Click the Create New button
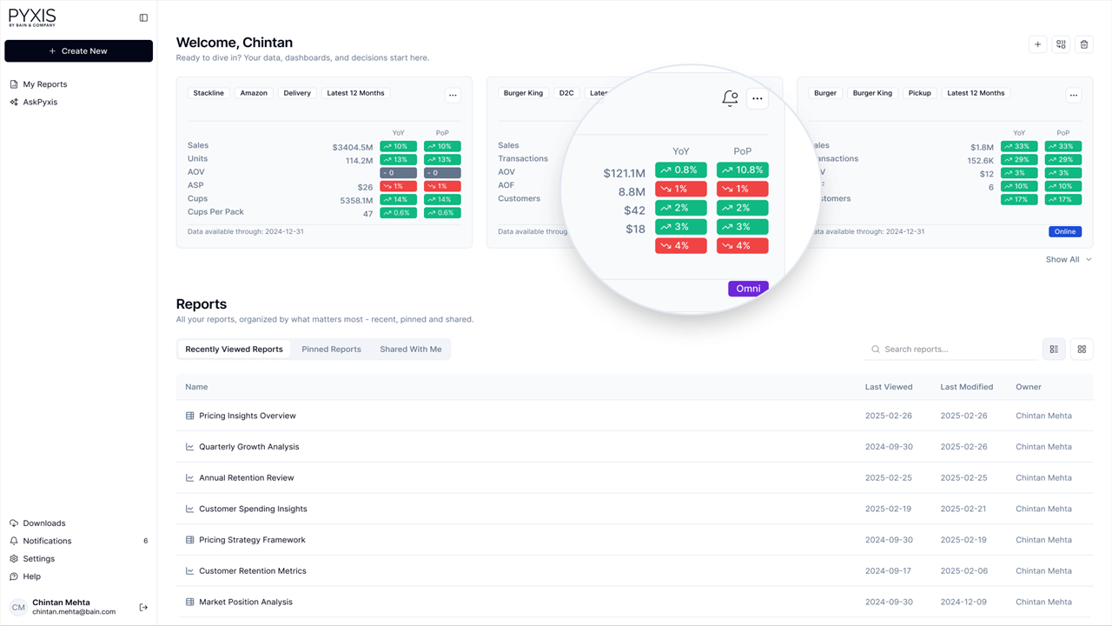tap(78, 51)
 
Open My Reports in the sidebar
tap(44, 84)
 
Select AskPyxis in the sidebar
tap(40, 102)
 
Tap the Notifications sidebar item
tap(47, 541)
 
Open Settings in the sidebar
tap(38, 559)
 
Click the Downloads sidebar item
tap(43, 523)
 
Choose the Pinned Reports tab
tap(331, 350)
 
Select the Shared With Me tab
tap(410, 350)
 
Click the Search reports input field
tap(956, 350)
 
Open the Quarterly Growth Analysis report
tap(248, 447)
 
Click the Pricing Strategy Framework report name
tap(252, 540)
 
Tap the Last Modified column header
tap(966, 387)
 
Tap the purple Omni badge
tap(748, 289)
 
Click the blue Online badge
tap(1065, 232)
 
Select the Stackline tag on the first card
tap(208, 93)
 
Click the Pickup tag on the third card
tap(919, 93)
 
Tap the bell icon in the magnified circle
tap(730, 99)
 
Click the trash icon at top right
tap(1083, 44)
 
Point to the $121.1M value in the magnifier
tap(624, 174)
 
